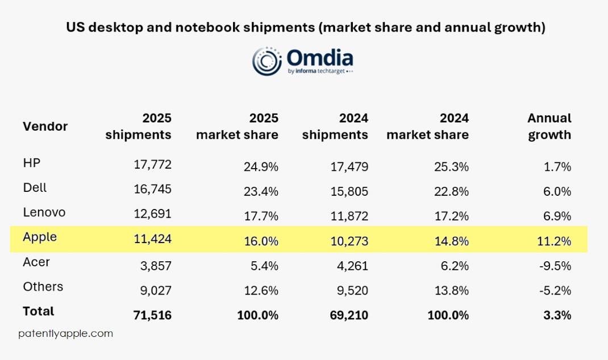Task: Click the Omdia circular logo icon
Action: (x=268, y=61)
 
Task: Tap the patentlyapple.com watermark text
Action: (x=65, y=334)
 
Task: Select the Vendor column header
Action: (x=45, y=126)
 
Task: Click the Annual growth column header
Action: (x=549, y=126)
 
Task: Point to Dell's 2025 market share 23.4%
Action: (x=259, y=191)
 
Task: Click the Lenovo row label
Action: (x=44, y=213)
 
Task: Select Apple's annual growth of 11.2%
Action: (x=555, y=241)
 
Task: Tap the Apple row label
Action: (x=40, y=237)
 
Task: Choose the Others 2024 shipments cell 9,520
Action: (x=349, y=291)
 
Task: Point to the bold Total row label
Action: (x=39, y=311)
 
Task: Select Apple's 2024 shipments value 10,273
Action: (x=349, y=241)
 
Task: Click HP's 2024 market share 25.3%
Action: (x=449, y=167)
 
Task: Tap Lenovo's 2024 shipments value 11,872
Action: (x=349, y=216)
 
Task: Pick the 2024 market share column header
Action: (x=427, y=126)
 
